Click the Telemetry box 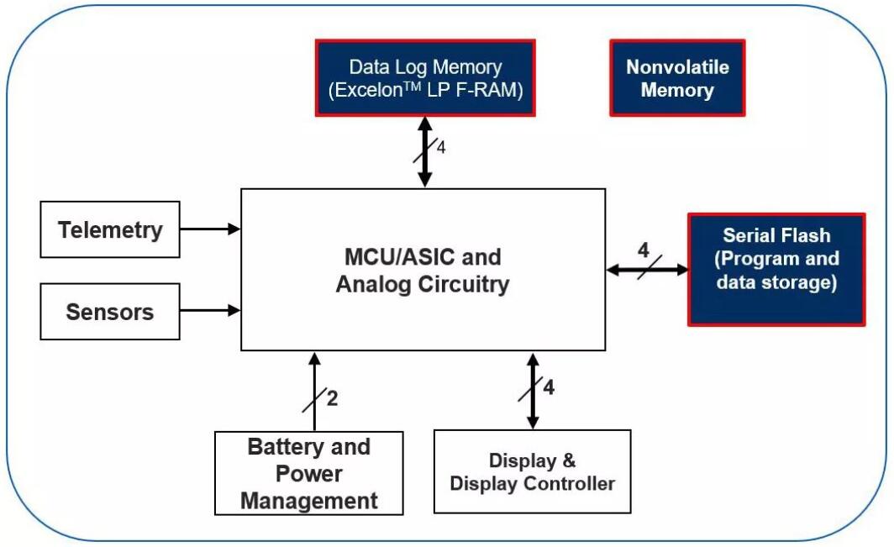tap(110, 229)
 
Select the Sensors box tap(110, 311)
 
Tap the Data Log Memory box tap(424, 78)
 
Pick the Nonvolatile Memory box tap(676, 78)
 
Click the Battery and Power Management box tap(309, 473)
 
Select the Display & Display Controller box tap(532, 471)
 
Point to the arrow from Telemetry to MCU tap(210, 228)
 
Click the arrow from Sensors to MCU tap(210, 310)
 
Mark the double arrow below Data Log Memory tap(424, 151)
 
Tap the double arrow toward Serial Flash tap(646, 270)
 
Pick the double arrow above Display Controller tap(532, 392)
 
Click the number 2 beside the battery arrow tap(332, 397)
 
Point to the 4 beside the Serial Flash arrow tap(643, 250)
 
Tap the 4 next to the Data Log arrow tap(441, 148)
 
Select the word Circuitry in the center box tap(465, 284)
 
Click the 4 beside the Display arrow tap(549, 387)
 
